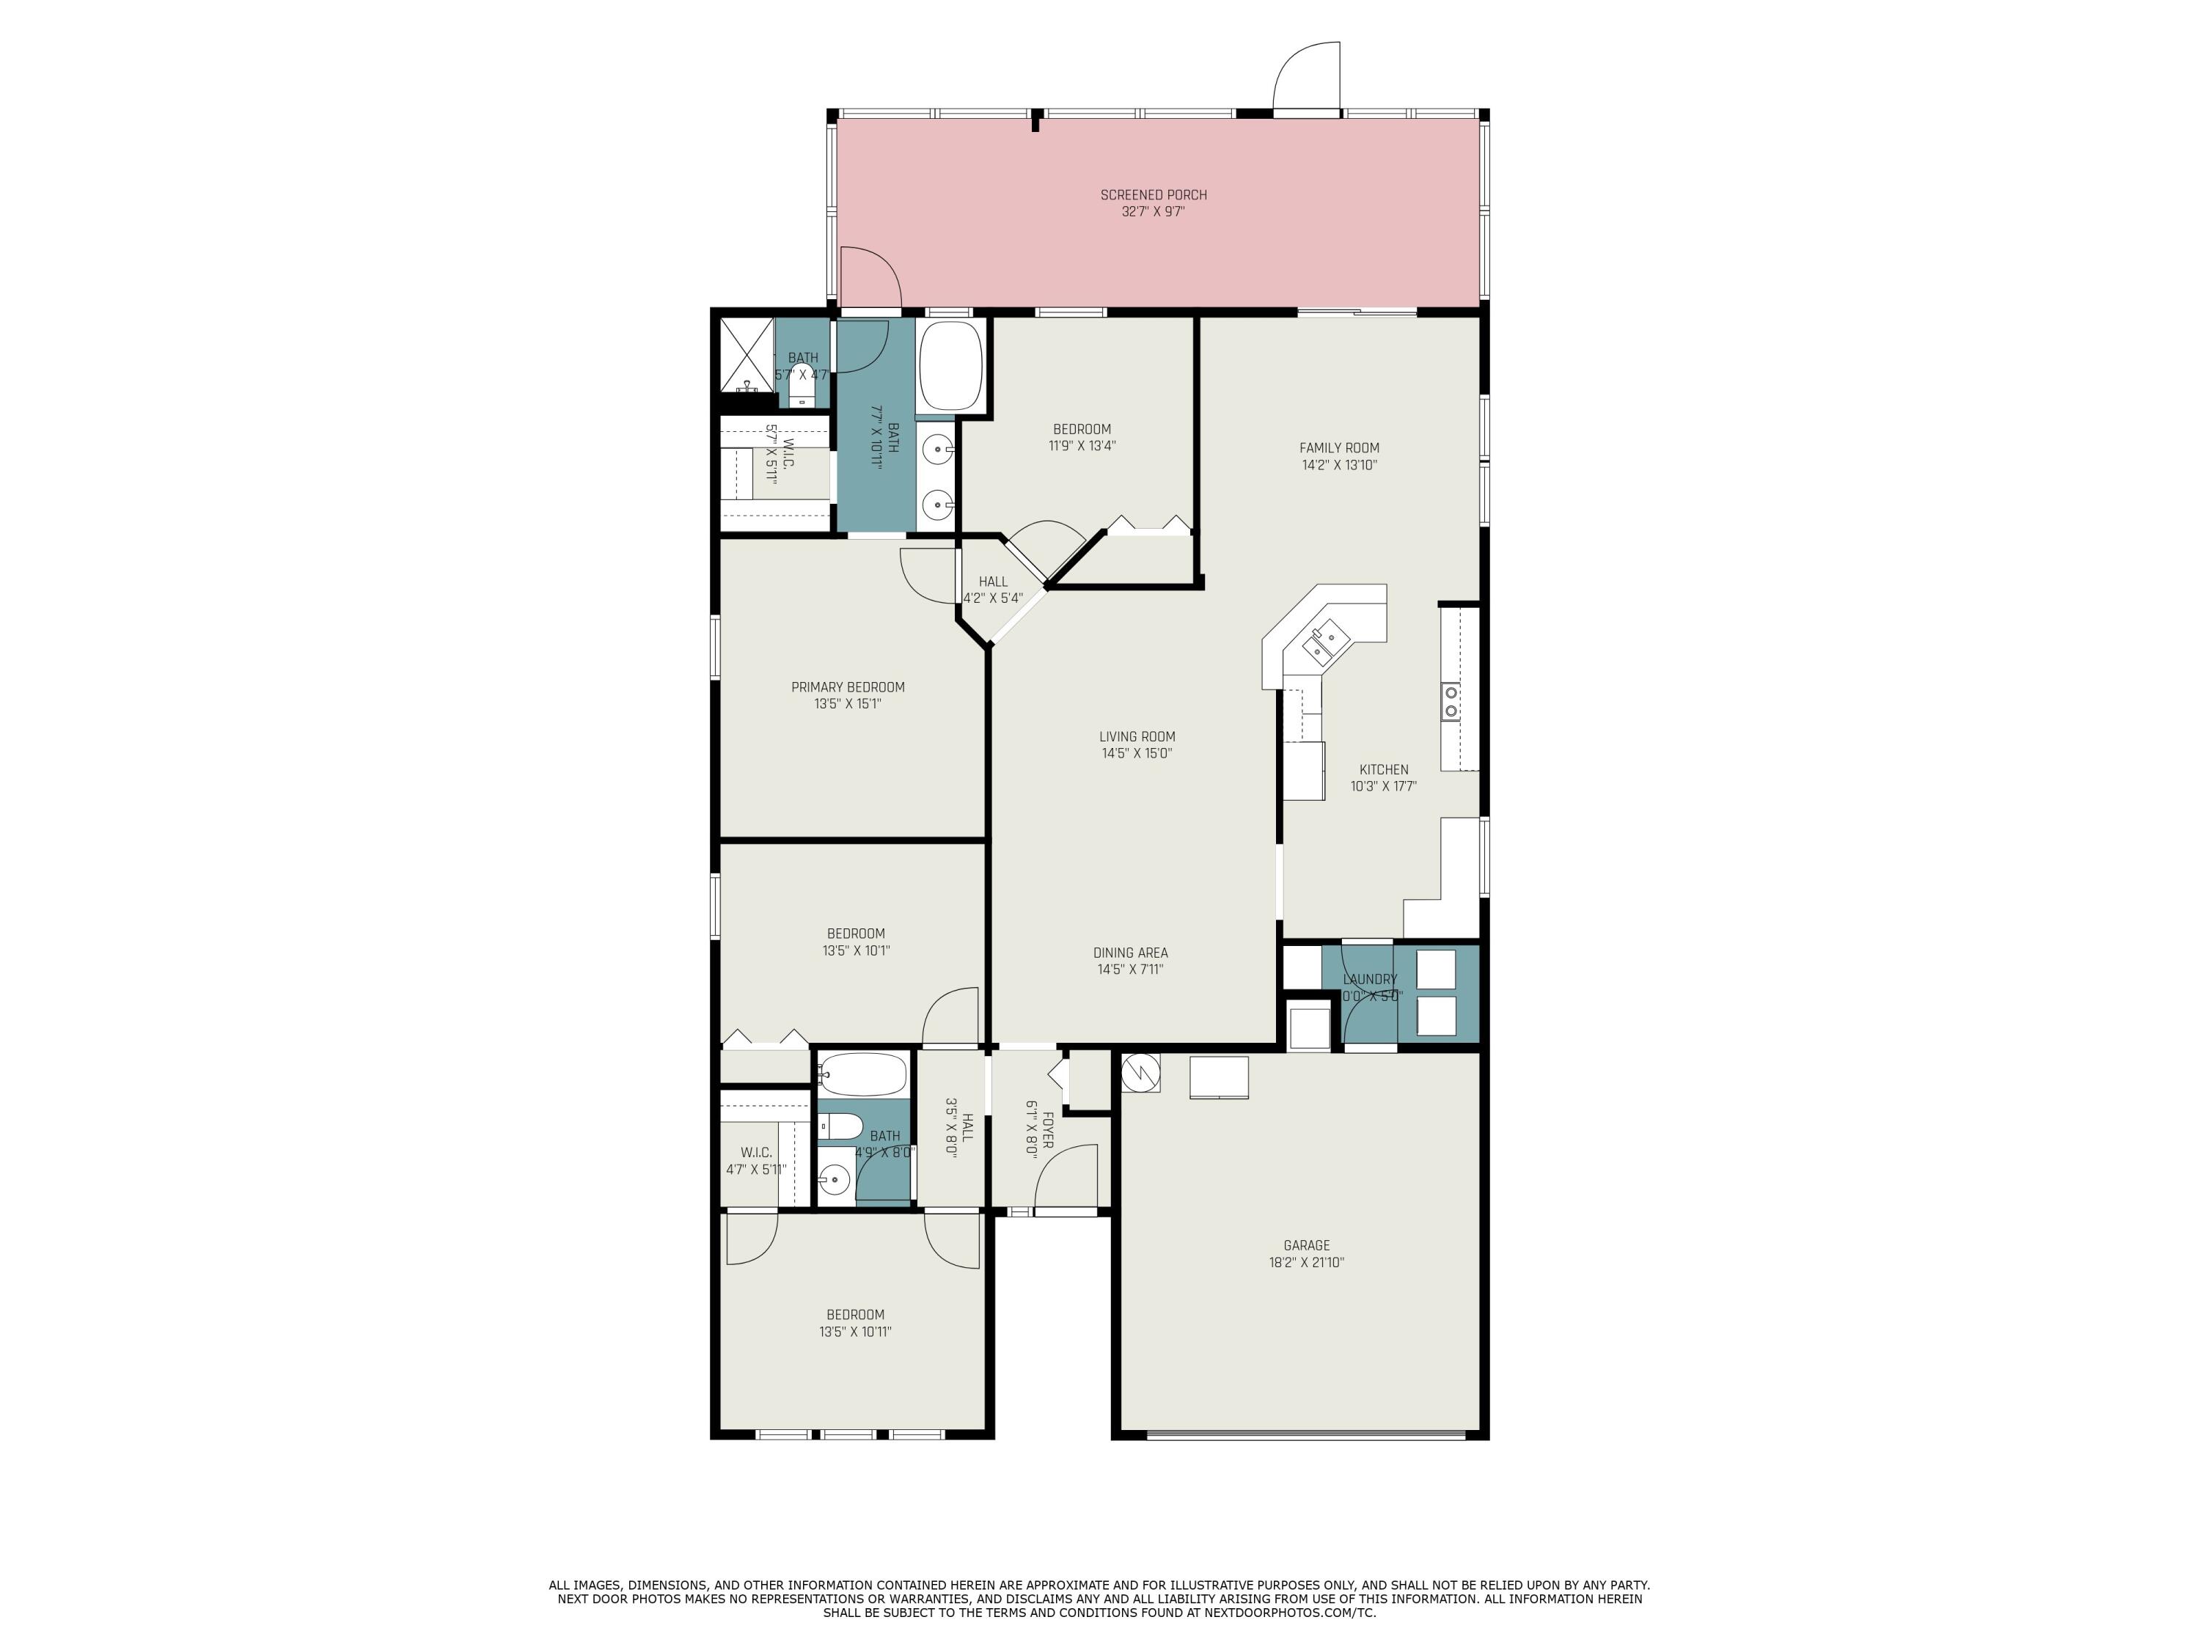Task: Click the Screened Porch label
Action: pyautogui.click(x=1153, y=195)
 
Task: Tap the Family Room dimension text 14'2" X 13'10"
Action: pyautogui.click(x=1338, y=464)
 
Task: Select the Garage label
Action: pyautogui.click(x=1306, y=1245)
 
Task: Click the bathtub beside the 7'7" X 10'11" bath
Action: pyautogui.click(x=950, y=365)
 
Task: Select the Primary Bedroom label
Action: pyautogui.click(x=848, y=687)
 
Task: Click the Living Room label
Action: pyautogui.click(x=1137, y=737)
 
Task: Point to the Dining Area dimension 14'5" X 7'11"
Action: pyautogui.click(x=1130, y=969)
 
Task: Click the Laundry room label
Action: pyautogui.click(x=1370, y=980)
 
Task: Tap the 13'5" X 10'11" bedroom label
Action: pyautogui.click(x=854, y=1332)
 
